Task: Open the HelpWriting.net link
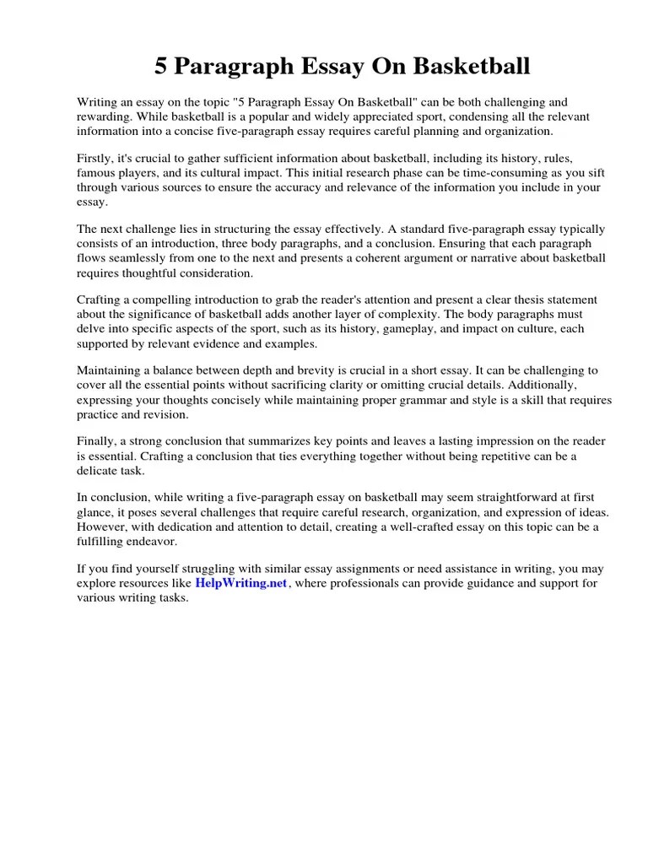[241, 583]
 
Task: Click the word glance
[95, 513]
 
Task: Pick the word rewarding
[106, 117]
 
